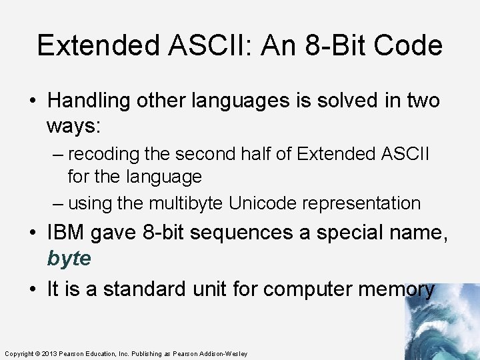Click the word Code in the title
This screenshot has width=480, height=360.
coord(407,46)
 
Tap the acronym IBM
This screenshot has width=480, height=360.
coord(67,233)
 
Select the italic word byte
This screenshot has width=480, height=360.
coord(68,259)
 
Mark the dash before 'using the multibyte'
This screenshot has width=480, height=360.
coord(58,203)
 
